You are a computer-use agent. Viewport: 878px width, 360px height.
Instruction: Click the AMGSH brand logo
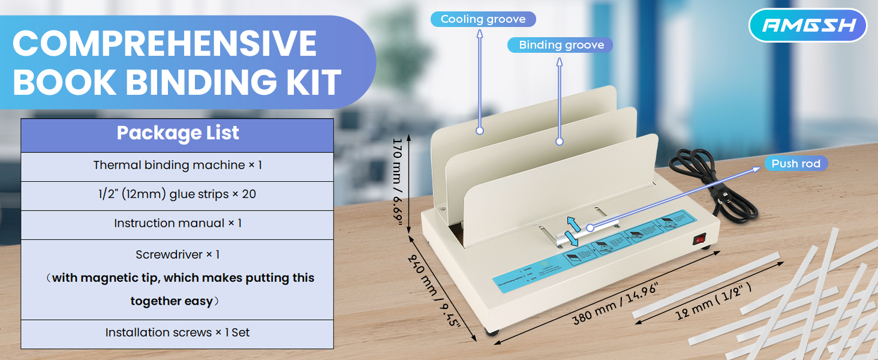tap(808, 25)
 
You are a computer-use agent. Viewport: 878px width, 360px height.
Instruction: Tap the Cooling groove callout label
tap(483, 19)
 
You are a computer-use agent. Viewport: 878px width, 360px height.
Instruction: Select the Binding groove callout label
tap(560, 45)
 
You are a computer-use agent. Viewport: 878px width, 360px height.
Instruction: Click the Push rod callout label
tap(795, 164)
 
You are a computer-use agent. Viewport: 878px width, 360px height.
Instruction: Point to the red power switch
tap(699, 240)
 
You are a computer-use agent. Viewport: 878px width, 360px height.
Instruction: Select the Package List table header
tap(178, 133)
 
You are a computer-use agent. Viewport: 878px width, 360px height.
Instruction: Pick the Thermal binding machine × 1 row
tap(178, 165)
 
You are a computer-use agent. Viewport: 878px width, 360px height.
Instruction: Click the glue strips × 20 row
tap(178, 194)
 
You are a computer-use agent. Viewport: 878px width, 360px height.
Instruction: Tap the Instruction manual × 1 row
tap(178, 223)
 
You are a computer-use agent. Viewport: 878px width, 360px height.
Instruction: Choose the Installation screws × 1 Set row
tap(178, 332)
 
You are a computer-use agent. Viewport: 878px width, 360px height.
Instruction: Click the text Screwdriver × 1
tap(178, 254)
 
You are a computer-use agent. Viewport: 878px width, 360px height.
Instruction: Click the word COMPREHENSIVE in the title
tap(164, 43)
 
